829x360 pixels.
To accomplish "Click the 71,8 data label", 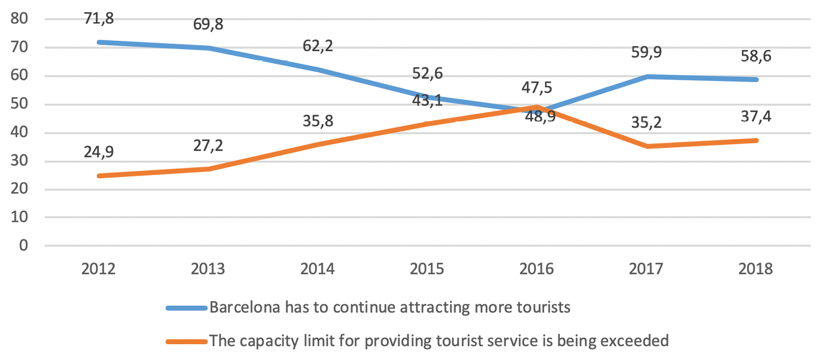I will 99,18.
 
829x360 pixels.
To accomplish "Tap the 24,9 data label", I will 99,152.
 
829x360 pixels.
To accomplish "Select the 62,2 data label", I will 318,46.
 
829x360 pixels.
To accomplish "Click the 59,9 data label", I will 647,52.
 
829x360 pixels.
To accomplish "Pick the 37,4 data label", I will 756,117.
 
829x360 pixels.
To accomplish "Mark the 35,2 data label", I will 647,123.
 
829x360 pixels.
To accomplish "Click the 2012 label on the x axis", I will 98,269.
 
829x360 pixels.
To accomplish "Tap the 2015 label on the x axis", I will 427,269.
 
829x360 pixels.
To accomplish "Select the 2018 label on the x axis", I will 755,269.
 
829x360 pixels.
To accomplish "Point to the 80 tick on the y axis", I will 19,19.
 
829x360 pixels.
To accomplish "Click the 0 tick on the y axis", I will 24,246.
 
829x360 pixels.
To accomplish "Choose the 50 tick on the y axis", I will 19,104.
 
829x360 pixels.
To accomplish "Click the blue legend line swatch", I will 187,308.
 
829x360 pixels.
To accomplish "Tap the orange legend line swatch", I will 187,341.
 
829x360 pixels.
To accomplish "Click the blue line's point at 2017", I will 647,76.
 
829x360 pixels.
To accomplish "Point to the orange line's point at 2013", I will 209,168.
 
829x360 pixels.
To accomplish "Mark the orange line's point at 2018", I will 756,140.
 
